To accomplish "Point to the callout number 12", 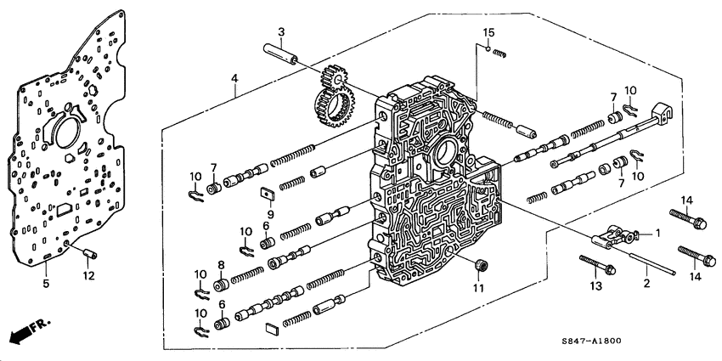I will [88, 275].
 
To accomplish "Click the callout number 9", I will [269, 214].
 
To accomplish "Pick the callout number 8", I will [222, 265].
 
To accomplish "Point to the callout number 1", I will [656, 233].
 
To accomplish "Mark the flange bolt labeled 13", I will [599, 265].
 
